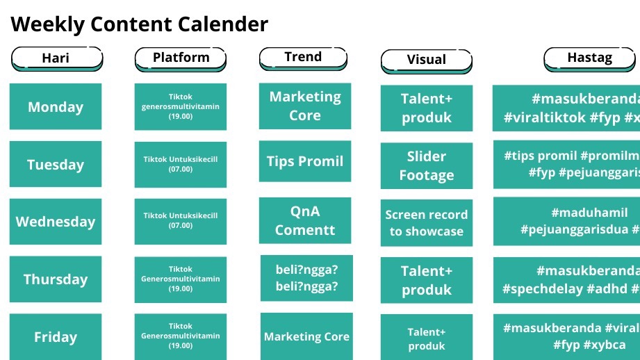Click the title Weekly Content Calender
click(139, 24)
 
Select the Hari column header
click(56, 58)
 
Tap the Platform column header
click(181, 58)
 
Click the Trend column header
click(303, 57)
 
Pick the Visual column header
click(426, 60)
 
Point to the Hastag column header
click(589, 58)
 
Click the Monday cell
click(56, 107)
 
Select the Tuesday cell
click(56, 165)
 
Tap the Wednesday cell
click(56, 222)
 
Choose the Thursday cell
click(56, 279)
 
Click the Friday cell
click(56, 337)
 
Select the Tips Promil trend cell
click(305, 161)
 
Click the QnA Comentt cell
click(305, 220)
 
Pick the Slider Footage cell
click(427, 166)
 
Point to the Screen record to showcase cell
click(427, 223)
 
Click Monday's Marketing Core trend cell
click(305, 106)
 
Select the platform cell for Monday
click(181, 106)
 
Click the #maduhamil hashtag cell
click(566, 221)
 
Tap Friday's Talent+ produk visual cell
click(427, 338)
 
